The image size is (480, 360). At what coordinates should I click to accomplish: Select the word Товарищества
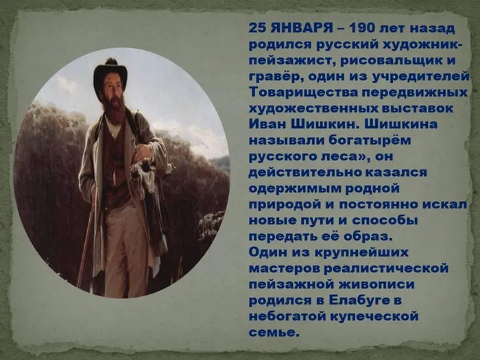pos(300,92)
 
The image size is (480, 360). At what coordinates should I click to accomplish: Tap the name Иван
pos(270,123)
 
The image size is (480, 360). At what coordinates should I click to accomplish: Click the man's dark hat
pos(110,70)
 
